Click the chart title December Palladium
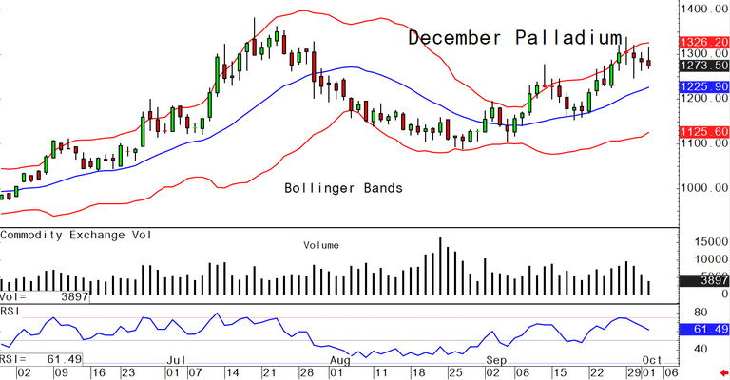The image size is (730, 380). (514, 39)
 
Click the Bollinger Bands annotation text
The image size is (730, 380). (344, 188)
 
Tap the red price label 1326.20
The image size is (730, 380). (704, 44)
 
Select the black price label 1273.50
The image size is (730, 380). (704, 66)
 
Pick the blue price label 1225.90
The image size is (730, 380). (704, 87)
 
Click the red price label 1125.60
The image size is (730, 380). (704, 132)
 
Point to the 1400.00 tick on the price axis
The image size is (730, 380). (704, 9)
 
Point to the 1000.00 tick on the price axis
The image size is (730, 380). (704, 187)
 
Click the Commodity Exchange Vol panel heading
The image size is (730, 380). (79, 234)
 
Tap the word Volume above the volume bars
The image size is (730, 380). (321, 245)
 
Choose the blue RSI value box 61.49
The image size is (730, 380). (704, 329)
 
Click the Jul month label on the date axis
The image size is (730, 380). (176, 361)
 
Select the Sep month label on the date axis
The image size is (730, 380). (496, 361)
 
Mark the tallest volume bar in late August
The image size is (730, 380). (440, 265)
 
